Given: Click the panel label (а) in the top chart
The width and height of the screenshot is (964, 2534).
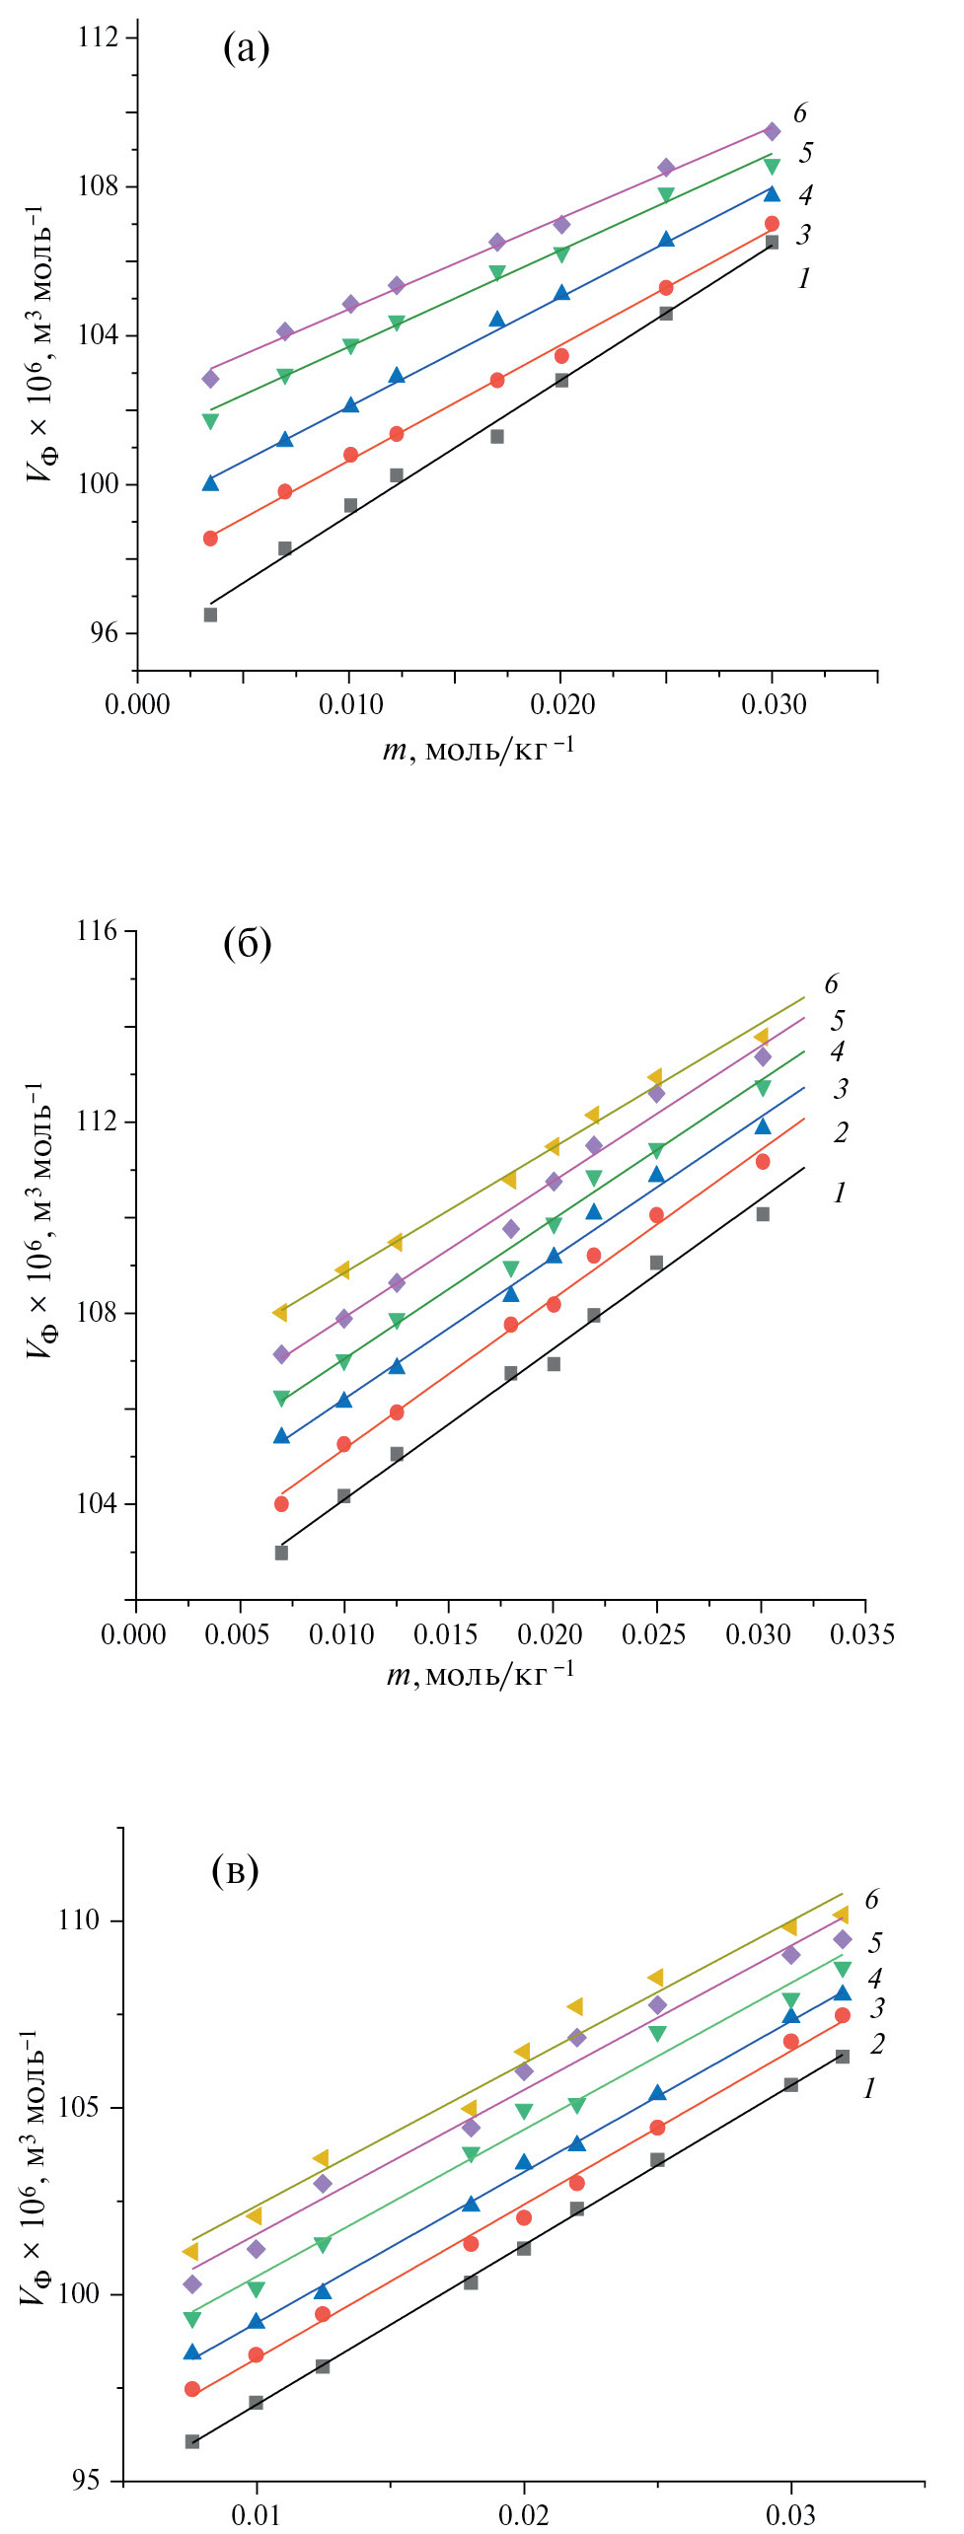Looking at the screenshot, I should [247, 47].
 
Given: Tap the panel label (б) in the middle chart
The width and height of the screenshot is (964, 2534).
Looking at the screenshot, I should [247, 944].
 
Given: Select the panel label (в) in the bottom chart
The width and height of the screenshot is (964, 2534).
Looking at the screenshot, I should [235, 1869].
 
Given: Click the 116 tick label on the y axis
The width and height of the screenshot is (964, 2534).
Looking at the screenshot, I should [97, 931].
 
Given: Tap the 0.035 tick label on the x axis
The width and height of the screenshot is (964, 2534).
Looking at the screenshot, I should [861, 1634].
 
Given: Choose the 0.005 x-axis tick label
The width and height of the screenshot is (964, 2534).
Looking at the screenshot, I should [237, 1634].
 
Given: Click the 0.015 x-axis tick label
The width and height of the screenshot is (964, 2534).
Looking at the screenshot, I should [445, 1634].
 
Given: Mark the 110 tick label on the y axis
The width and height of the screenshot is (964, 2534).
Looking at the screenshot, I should [79, 1919].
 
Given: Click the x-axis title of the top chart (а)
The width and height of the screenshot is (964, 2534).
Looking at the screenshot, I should [479, 751].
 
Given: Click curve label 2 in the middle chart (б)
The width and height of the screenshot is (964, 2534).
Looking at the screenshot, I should [840, 1131].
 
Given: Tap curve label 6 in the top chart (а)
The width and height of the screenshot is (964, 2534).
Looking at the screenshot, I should [799, 113].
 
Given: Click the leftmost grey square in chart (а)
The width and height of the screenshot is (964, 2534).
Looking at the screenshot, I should [210, 615].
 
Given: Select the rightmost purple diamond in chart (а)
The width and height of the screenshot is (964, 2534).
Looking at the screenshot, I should [772, 131].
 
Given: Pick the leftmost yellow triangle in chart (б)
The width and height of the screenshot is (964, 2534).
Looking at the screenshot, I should [280, 1312].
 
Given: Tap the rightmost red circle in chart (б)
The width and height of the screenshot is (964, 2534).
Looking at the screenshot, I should [763, 1162].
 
